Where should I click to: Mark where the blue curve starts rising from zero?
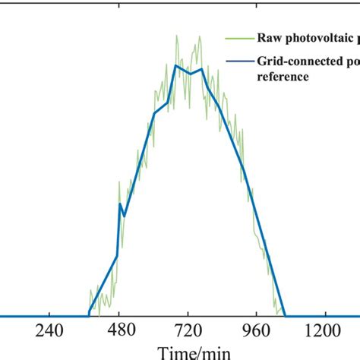pyautogui.click(x=89, y=315)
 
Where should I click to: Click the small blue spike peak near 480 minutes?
pyautogui.click(x=120, y=204)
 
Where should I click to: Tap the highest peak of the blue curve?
pyautogui.click(x=175, y=65)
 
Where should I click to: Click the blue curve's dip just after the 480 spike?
pyautogui.click(x=124, y=216)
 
